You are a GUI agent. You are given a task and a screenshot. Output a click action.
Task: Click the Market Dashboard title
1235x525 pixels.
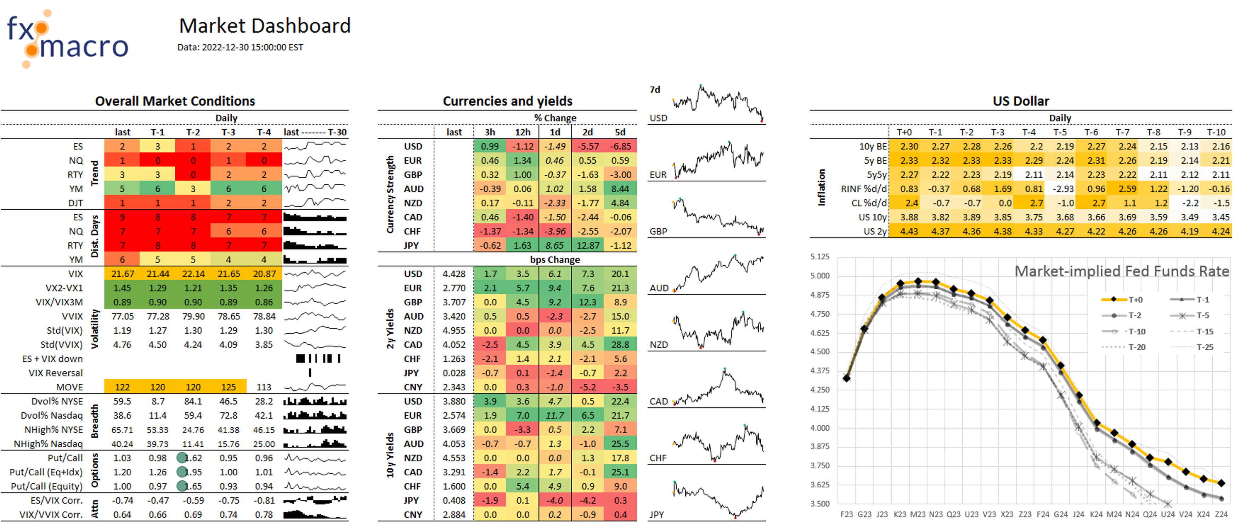(265, 26)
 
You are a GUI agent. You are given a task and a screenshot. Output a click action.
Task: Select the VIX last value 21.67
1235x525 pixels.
(122, 274)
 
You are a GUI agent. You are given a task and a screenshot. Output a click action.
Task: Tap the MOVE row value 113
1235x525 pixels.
(264, 387)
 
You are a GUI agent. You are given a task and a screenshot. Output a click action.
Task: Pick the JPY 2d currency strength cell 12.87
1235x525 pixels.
(588, 245)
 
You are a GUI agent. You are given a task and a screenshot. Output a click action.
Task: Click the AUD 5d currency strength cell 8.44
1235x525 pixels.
(620, 189)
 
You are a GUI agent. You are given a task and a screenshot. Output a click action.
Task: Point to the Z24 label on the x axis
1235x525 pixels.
(1221, 514)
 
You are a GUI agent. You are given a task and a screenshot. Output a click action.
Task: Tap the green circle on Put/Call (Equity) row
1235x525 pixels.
(182, 486)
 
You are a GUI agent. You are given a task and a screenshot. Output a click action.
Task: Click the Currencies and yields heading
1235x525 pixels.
(507, 101)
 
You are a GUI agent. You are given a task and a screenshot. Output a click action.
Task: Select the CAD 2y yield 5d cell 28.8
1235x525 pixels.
(620, 345)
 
